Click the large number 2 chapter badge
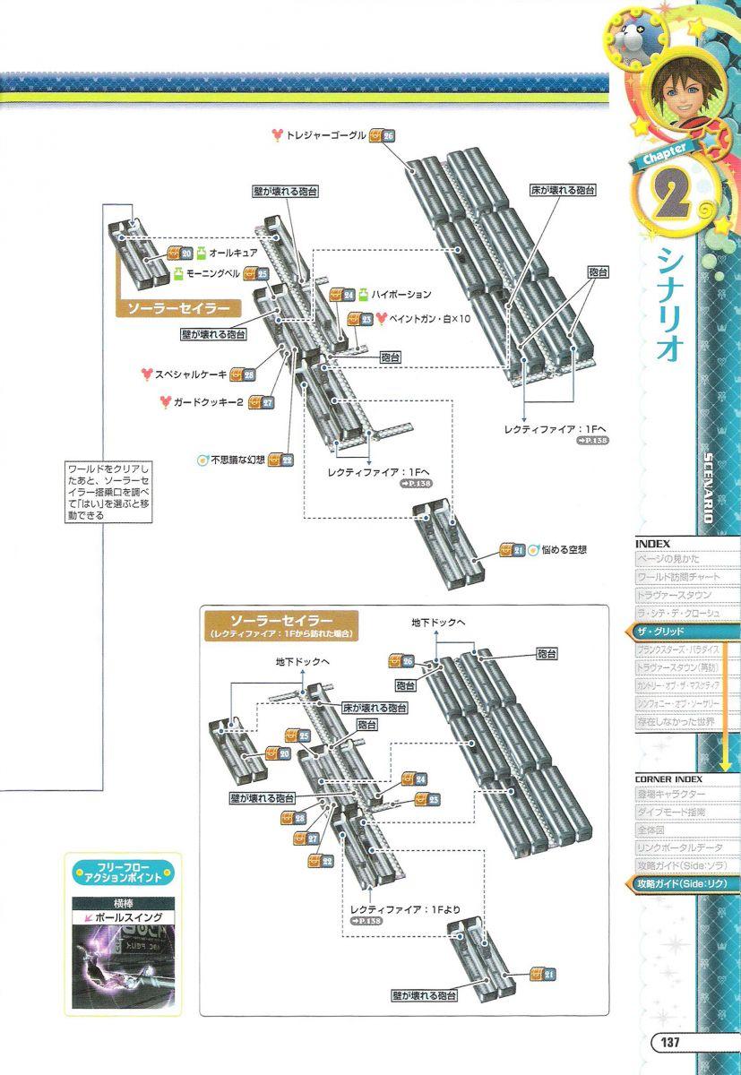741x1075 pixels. point(667,202)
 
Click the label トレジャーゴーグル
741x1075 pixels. point(325,135)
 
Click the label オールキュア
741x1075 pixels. point(232,254)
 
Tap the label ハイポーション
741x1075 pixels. point(401,294)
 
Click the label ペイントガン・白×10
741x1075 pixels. point(428,318)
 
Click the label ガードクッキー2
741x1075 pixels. point(208,401)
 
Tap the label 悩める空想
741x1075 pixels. point(564,549)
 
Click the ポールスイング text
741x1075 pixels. point(127,918)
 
